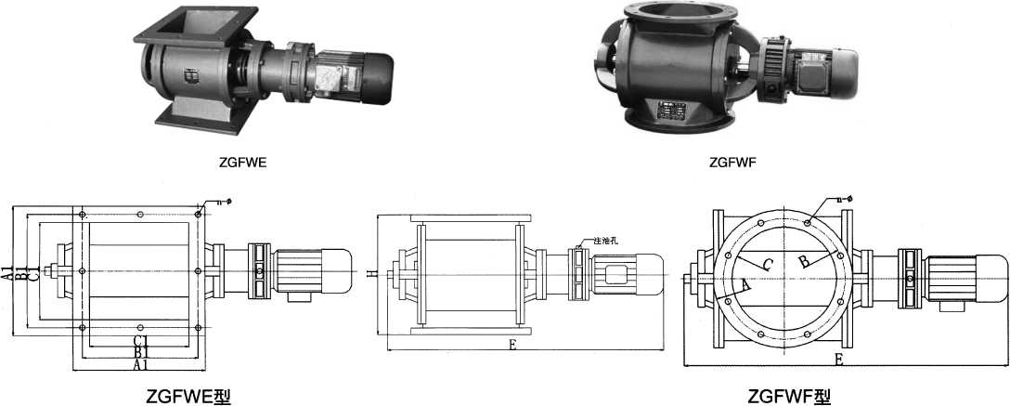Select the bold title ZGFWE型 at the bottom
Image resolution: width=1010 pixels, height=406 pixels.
(x=188, y=397)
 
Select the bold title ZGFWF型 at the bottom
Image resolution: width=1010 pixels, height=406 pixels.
(x=789, y=397)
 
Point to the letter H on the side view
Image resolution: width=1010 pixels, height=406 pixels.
(x=371, y=274)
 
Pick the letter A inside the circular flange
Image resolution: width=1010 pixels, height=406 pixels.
(x=745, y=286)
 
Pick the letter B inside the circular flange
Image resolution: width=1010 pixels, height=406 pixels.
(x=805, y=262)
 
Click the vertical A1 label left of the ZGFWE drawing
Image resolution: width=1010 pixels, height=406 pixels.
(x=7, y=273)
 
